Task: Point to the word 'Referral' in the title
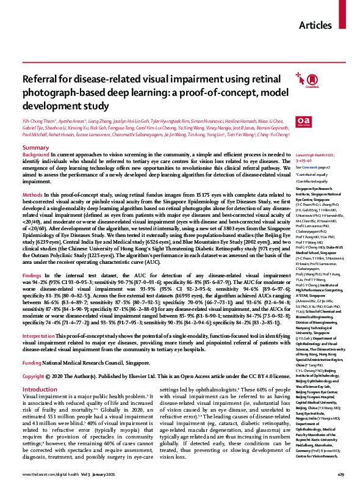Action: tap(40, 79)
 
